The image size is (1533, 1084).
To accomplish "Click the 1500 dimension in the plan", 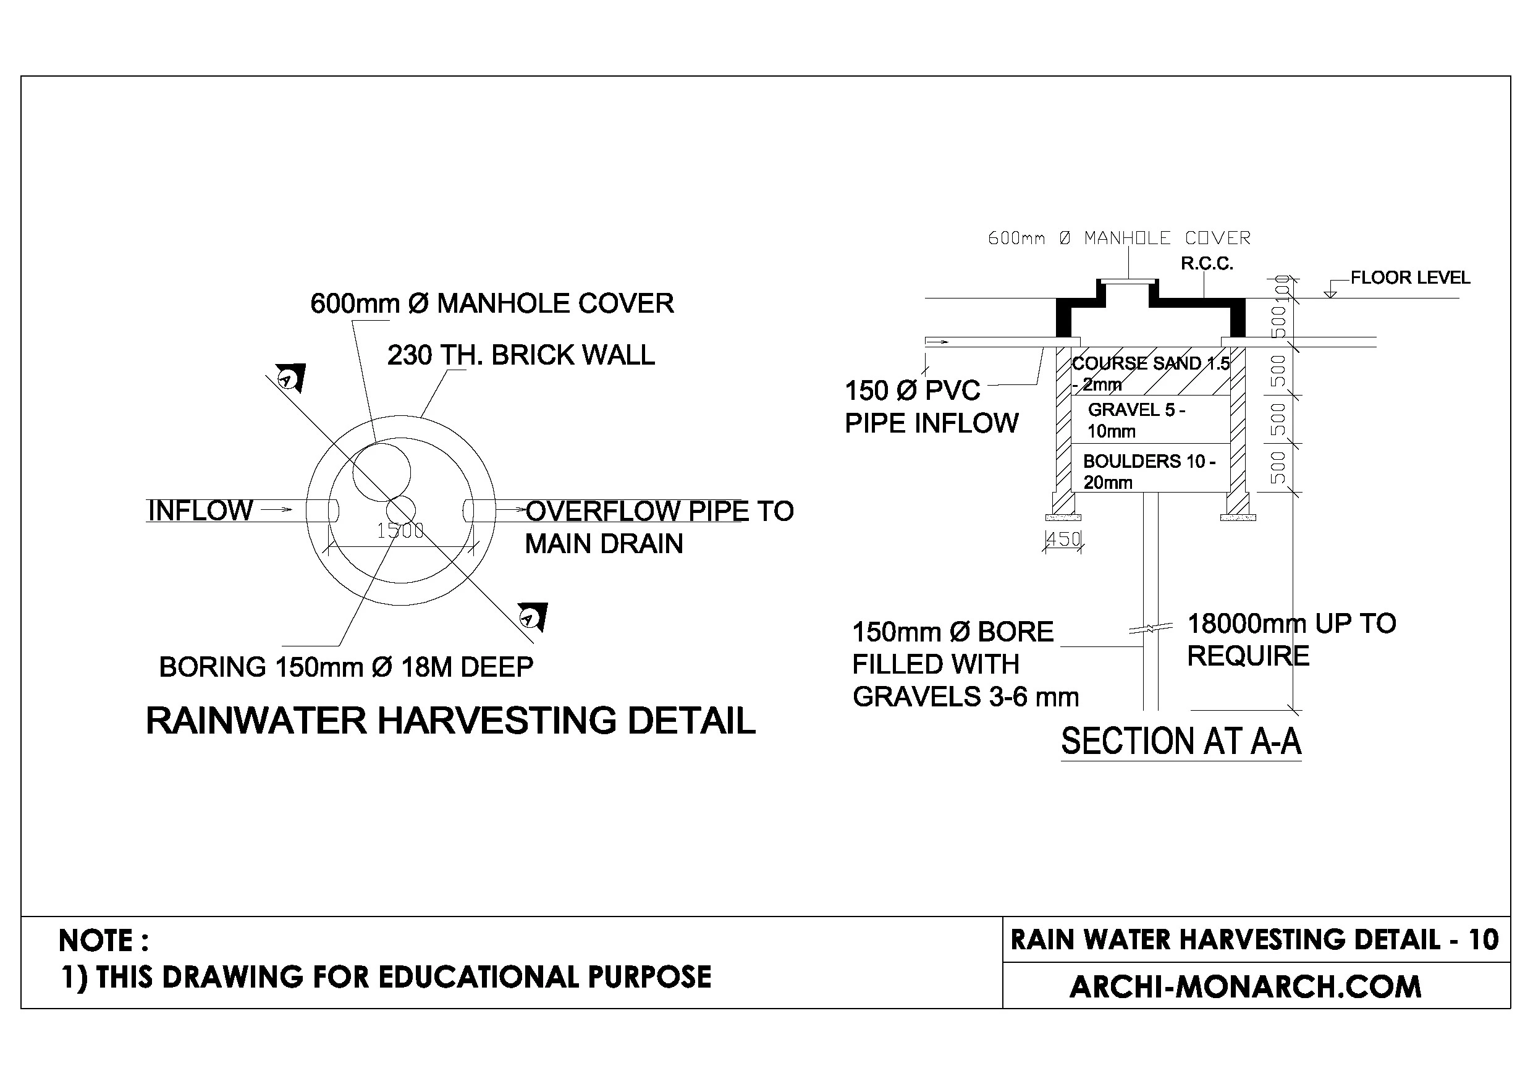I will [400, 531].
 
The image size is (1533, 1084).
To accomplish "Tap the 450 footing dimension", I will [1063, 538].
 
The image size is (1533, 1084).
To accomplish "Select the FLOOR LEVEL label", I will [1410, 278].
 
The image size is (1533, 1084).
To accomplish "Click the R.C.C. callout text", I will [1207, 264].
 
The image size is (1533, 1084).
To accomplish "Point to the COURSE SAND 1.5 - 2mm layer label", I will [1149, 373].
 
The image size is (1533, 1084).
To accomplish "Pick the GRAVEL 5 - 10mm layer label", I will [1136, 420].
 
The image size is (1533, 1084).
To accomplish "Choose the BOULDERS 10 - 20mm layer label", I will [1149, 472].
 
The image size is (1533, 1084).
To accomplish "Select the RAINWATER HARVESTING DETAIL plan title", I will [450, 721].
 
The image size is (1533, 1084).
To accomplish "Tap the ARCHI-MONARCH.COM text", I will [1245, 987].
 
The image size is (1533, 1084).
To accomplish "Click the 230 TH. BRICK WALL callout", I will [521, 355].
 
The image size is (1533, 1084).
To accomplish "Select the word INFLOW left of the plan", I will [200, 511].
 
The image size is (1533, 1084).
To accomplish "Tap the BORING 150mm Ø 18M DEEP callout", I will [346, 667].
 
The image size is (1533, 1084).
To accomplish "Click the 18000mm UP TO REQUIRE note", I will [1290, 640].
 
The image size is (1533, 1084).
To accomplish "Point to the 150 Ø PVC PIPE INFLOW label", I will [931, 407].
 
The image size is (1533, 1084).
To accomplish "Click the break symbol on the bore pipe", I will [1151, 629].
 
